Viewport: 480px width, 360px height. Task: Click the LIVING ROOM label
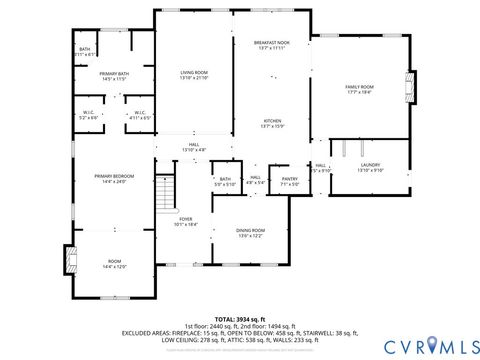coord(193,74)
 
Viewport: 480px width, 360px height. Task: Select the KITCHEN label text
coord(272,121)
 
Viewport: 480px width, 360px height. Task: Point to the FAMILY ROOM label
coord(358,89)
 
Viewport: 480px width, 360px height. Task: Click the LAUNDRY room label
coord(369,167)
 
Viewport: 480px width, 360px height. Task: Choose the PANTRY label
coord(290,181)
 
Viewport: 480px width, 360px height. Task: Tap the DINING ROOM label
coord(250,232)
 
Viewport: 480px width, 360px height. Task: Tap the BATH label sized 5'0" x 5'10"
coord(225,181)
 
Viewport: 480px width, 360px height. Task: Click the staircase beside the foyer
coord(166,191)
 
